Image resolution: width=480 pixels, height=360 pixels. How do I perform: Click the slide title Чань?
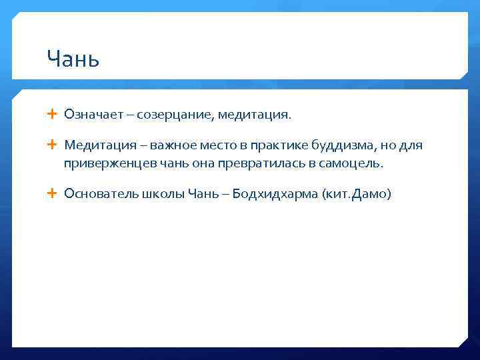coord(73,59)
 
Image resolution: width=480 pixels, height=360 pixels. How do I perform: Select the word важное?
coord(171,145)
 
